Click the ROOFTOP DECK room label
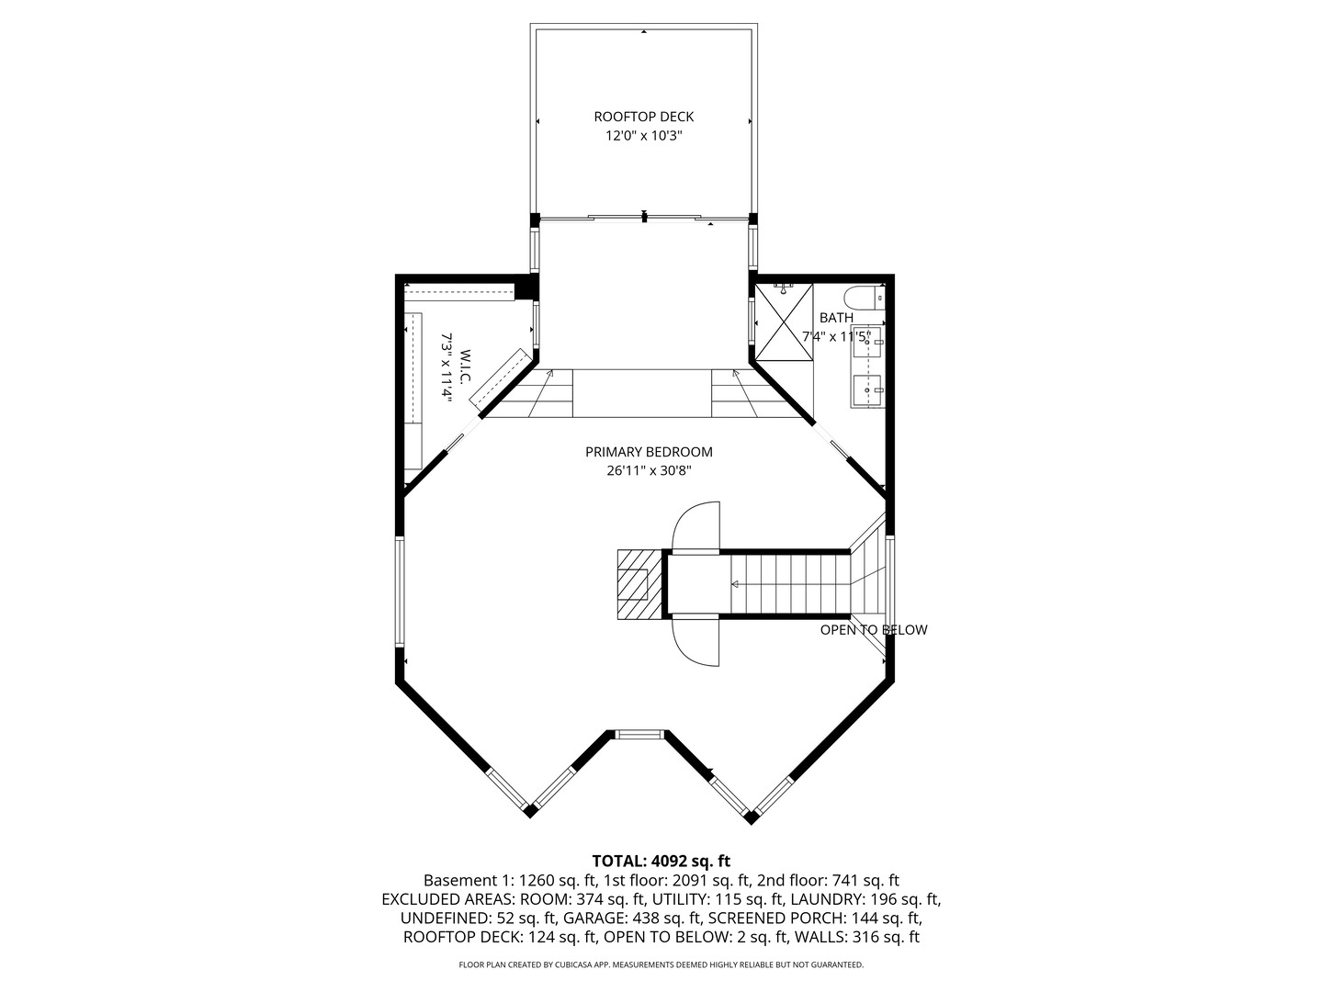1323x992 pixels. [x=643, y=117]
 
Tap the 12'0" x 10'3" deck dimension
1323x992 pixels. [x=643, y=136]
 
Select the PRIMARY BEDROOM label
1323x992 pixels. [x=649, y=452]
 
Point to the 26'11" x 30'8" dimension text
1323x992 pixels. [x=649, y=470]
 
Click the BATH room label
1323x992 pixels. [x=836, y=318]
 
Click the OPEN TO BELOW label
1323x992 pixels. [x=873, y=630]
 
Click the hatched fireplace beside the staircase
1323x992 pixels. [x=639, y=584]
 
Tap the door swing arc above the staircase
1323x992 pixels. [x=696, y=526]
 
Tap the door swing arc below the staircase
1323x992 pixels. [x=696, y=641]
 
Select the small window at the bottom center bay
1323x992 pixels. [x=639, y=733]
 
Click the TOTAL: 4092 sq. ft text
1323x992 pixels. [x=661, y=861]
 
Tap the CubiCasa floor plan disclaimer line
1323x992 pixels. [x=661, y=964]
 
